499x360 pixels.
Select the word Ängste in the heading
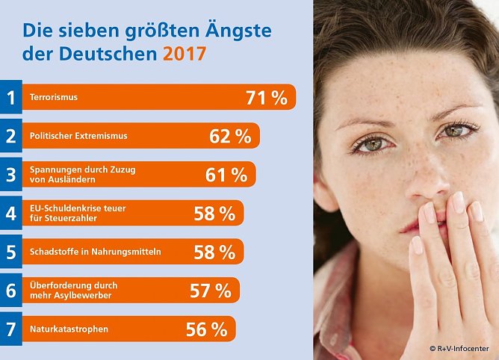233,31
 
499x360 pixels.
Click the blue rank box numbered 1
10,97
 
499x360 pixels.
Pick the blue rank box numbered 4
10,214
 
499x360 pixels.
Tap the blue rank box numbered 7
10,329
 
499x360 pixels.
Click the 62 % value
230,136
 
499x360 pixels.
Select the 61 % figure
226,175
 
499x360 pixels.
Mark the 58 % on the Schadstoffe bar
214,252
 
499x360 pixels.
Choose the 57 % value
210,291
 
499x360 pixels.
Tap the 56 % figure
206,329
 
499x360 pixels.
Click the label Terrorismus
53,97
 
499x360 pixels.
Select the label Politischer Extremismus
78,136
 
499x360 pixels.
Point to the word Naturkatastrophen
69,329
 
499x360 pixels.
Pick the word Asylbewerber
87,296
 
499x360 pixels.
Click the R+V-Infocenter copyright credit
462,349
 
